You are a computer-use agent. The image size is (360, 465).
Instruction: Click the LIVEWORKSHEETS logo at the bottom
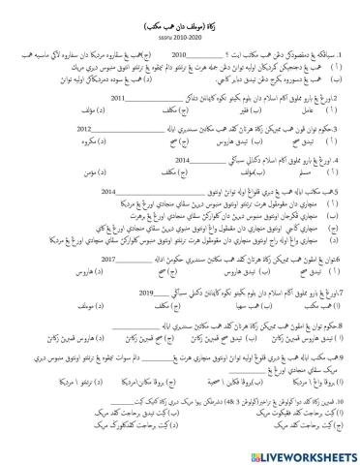290,451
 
